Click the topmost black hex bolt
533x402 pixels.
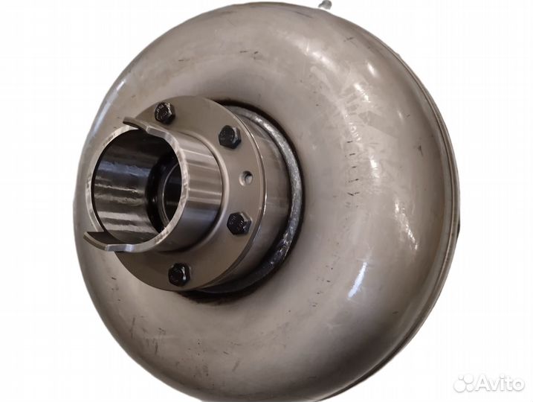[165, 112]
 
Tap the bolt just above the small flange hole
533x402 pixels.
[230, 137]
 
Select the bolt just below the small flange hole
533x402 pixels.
[239, 223]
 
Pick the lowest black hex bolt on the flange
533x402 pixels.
[179, 274]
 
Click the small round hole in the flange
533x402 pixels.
[248, 176]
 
